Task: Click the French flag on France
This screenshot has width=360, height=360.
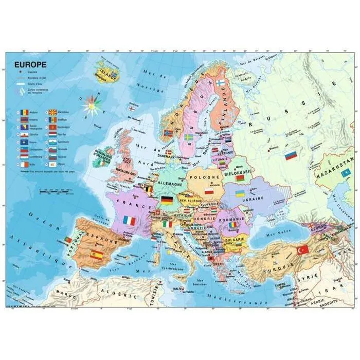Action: [x=129, y=221]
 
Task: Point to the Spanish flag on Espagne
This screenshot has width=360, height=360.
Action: [x=96, y=255]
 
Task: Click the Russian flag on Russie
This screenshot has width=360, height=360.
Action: [x=291, y=155]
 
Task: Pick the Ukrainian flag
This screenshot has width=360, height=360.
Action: [x=240, y=194]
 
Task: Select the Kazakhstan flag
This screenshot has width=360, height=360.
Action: [x=346, y=173]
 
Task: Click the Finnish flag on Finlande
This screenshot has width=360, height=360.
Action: [x=220, y=83]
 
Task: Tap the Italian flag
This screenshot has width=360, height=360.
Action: [x=168, y=224]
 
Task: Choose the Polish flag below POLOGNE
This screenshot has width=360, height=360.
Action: [x=209, y=191]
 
